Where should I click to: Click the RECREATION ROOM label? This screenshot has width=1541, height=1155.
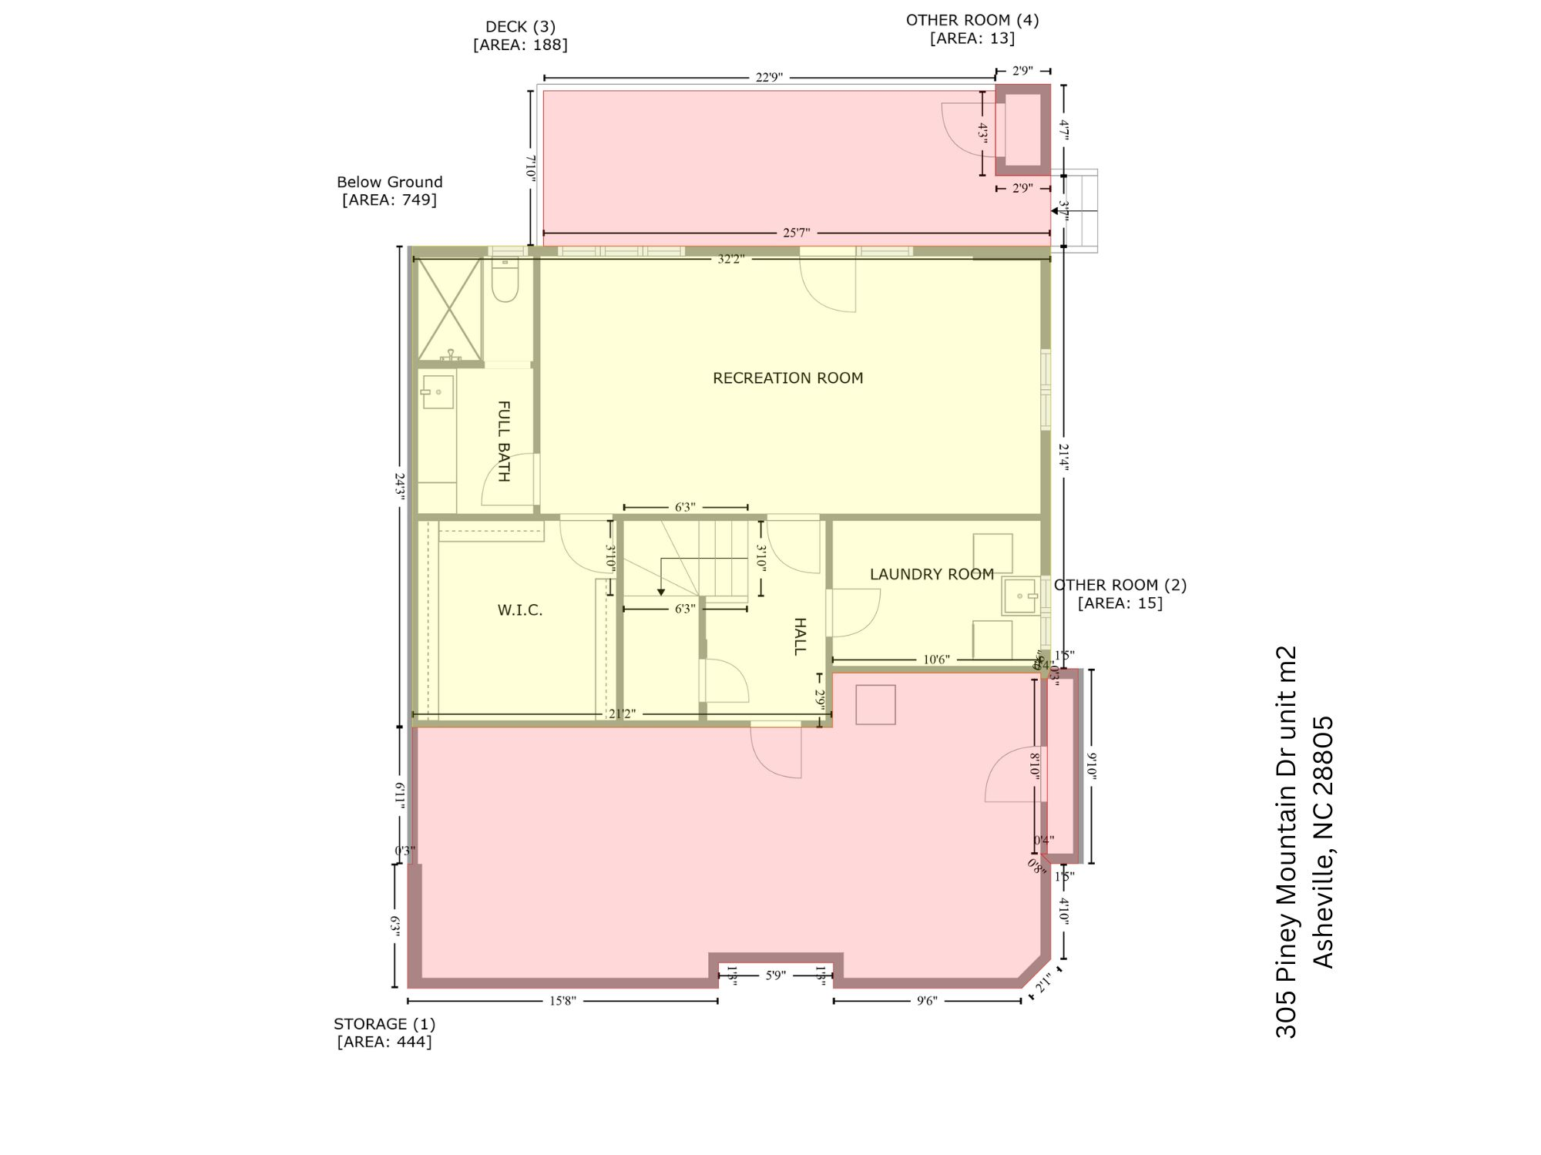[787, 378]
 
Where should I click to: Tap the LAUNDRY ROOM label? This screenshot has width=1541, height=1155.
[932, 574]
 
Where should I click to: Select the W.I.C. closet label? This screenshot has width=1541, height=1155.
[520, 611]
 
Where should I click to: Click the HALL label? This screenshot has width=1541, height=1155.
[800, 636]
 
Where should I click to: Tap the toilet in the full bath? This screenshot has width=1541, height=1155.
[505, 280]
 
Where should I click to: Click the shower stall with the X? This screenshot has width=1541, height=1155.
[449, 309]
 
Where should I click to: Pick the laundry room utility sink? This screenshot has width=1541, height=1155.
[1020, 596]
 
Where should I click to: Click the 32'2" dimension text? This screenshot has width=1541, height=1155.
[730, 260]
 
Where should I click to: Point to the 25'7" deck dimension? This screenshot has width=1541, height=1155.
[796, 233]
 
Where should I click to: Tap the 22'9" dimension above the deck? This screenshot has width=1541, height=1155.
[769, 78]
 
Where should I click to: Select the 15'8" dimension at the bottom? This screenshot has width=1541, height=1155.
[562, 1001]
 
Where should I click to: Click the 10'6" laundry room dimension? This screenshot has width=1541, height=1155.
[936, 660]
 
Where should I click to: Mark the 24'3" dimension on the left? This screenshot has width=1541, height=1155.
[400, 487]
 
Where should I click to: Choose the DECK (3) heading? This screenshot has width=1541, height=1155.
[520, 28]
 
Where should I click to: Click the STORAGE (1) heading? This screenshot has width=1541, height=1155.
[384, 1024]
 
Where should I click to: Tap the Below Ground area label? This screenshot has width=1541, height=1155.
[390, 183]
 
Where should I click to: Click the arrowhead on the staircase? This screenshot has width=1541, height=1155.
[660, 592]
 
